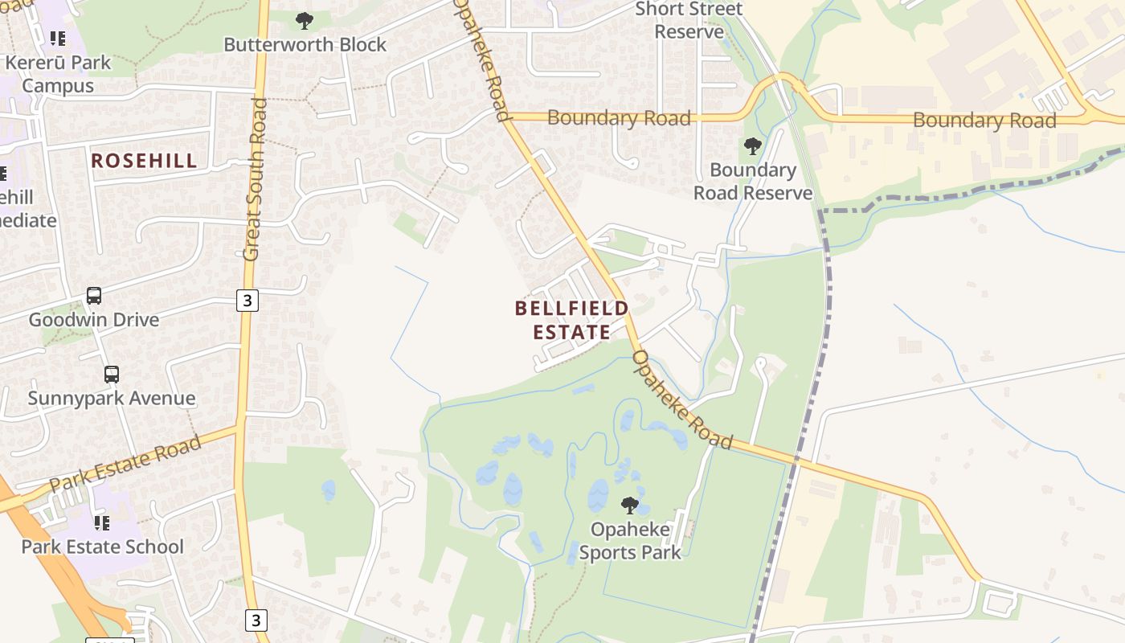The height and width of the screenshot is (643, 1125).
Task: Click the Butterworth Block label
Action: pos(305,44)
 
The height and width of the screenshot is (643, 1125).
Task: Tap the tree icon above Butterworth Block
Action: pos(304,20)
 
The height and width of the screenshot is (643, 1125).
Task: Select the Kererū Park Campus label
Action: pos(57,74)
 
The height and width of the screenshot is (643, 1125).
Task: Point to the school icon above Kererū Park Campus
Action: pos(57,38)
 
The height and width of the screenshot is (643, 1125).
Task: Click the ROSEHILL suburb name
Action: pos(144,161)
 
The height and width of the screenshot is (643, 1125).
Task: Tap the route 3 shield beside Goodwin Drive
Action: pos(247,301)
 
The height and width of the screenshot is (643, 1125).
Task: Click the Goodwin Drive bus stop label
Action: pos(94,320)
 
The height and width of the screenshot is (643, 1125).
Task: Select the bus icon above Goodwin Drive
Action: pos(94,296)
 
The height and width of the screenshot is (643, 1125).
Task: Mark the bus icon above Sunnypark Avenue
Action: pos(112,375)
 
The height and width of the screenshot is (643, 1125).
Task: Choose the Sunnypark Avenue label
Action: pos(112,398)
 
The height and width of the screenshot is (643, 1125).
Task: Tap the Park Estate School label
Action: pos(102,547)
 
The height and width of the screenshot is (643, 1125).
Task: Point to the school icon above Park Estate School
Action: pos(102,523)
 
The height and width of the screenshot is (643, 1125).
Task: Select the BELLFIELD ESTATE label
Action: pos(572,320)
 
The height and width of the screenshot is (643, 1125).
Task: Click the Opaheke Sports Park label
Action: pos(630,541)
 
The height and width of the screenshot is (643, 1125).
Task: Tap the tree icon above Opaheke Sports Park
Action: pos(630,506)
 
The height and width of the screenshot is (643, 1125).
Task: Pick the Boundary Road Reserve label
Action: pos(753,182)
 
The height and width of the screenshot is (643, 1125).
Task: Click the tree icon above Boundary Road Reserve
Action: pos(752,146)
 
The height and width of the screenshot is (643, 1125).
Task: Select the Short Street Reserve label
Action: pos(689,21)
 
